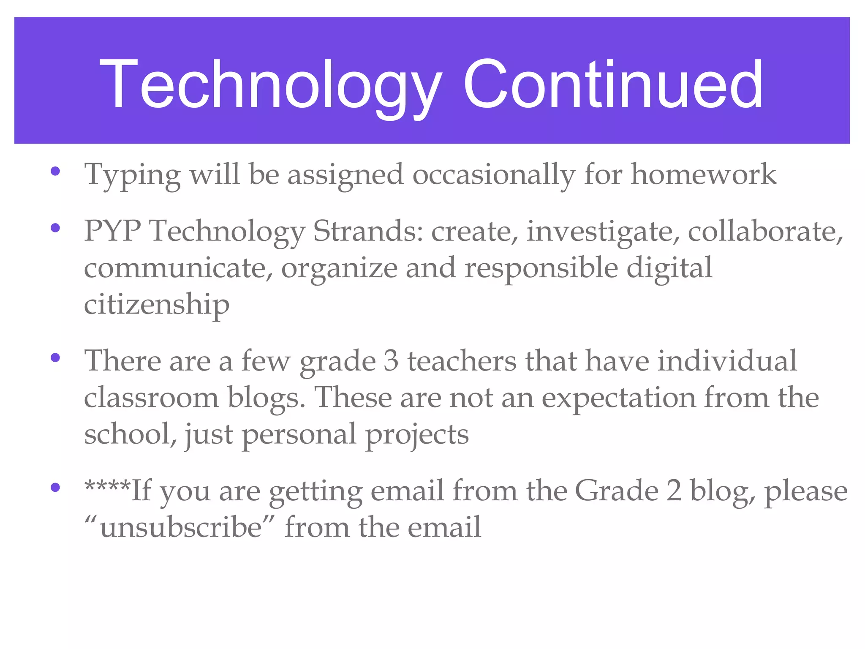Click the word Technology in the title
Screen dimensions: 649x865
(x=270, y=85)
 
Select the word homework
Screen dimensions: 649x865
(x=703, y=174)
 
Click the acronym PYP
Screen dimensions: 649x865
(x=112, y=231)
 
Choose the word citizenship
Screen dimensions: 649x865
(x=157, y=304)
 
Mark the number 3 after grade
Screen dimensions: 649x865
(x=391, y=361)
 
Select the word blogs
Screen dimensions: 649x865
(x=266, y=398)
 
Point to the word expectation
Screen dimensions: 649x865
(x=619, y=398)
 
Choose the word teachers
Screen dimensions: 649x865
(x=462, y=361)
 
